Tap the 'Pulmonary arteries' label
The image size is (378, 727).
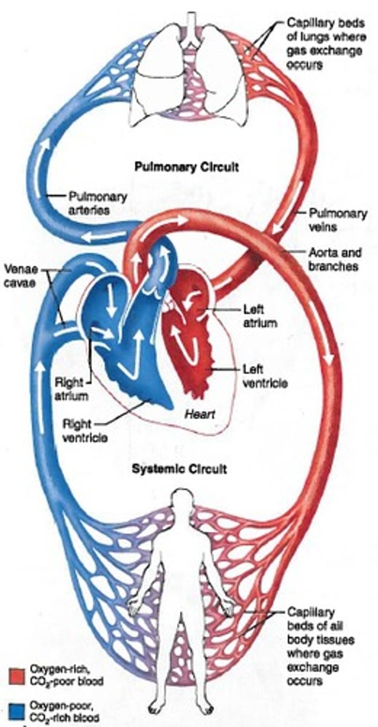point(98,203)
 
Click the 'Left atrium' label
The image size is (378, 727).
point(259,315)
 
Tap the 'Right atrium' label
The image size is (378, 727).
point(72,390)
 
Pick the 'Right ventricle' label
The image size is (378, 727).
point(85,430)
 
